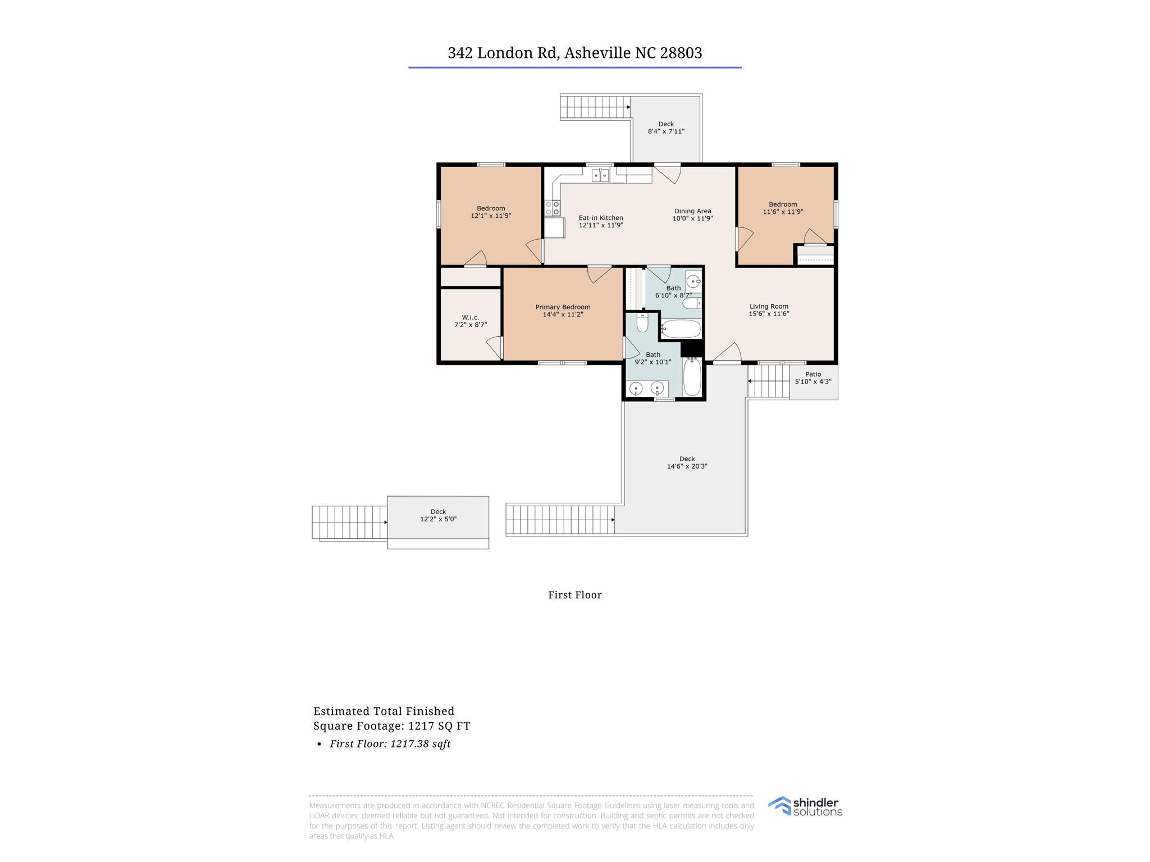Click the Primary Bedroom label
563,307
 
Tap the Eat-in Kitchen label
601,218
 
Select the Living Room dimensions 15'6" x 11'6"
769,314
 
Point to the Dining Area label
692,211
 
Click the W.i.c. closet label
470,317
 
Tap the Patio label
813,374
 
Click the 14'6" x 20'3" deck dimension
687,466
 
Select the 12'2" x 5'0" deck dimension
438,519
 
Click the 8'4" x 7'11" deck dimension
666,131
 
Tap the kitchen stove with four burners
553,208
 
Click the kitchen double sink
601,176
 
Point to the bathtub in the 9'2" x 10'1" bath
692,377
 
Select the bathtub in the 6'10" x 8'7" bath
681,329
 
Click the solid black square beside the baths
692,349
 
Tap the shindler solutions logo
805,806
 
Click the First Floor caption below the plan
575,595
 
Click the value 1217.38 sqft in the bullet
419,744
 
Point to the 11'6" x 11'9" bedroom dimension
783,212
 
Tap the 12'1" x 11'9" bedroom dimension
491,215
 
